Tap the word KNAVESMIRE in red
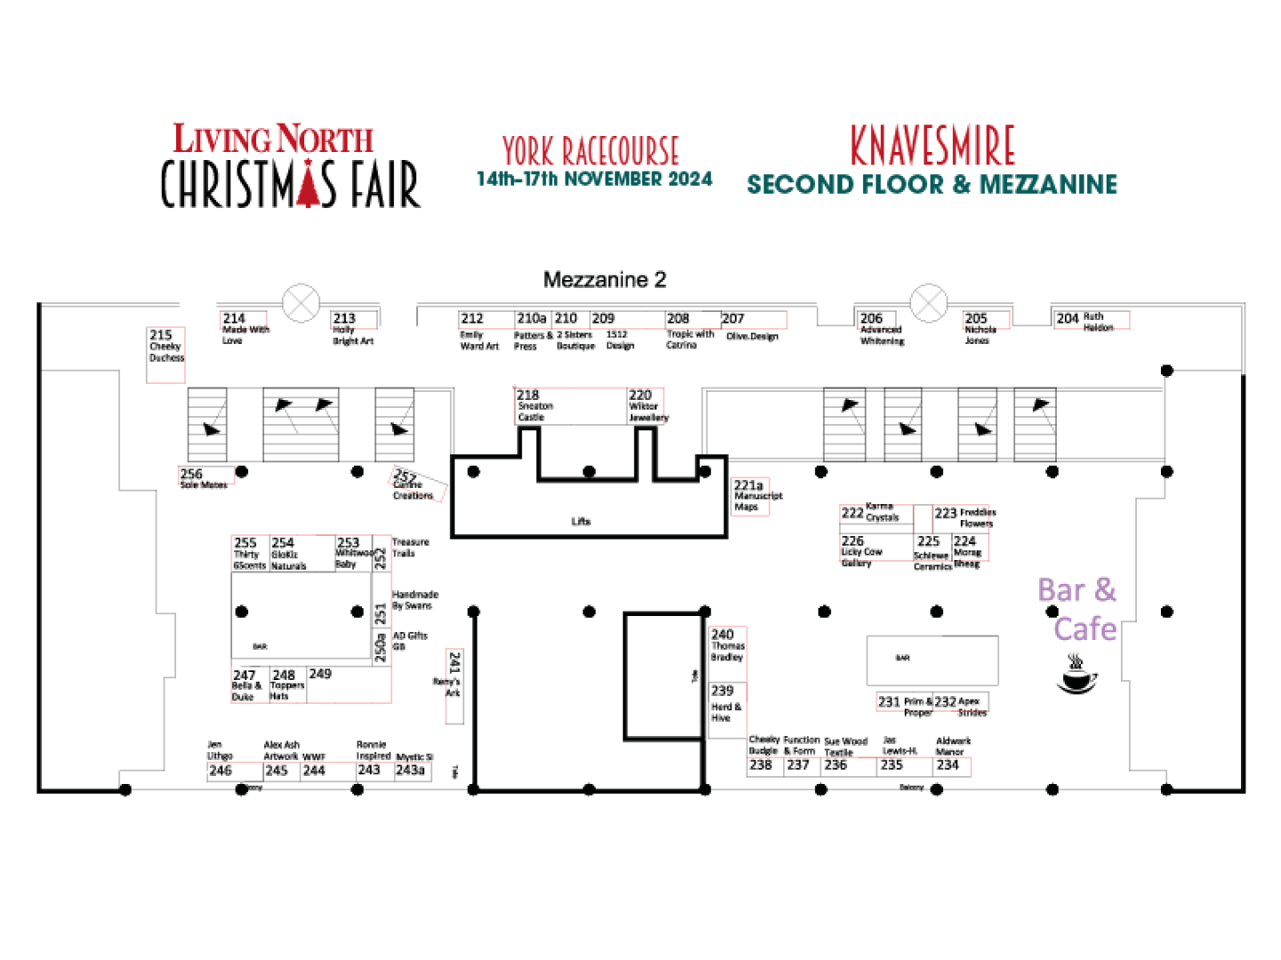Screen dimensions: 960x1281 click(x=932, y=146)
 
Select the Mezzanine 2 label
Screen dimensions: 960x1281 click(x=604, y=280)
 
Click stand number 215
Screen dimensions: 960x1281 click(x=161, y=335)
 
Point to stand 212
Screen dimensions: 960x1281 click(x=471, y=318)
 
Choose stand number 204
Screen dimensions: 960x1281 click(x=1067, y=317)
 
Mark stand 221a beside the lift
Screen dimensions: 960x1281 click(x=748, y=486)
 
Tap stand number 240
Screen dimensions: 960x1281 click(x=722, y=634)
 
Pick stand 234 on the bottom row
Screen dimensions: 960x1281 click(x=948, y=764)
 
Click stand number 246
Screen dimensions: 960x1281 click(x=220, y=770)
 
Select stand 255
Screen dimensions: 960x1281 click(x=245, y=543)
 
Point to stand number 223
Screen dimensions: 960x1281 click(x=946, y=513)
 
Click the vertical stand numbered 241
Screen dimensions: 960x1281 click(x=455, y=662)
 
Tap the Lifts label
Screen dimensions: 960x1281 click(x=581, y=522)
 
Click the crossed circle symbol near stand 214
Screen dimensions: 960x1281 click(x=301, y=304)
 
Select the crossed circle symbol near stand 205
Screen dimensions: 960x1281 click(x=929, y=303)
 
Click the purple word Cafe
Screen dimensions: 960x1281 click(x=1084, y=629)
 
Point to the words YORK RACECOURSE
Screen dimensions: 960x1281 click(x=591, y=150)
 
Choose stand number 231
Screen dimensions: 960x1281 click(x=889, y=701)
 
